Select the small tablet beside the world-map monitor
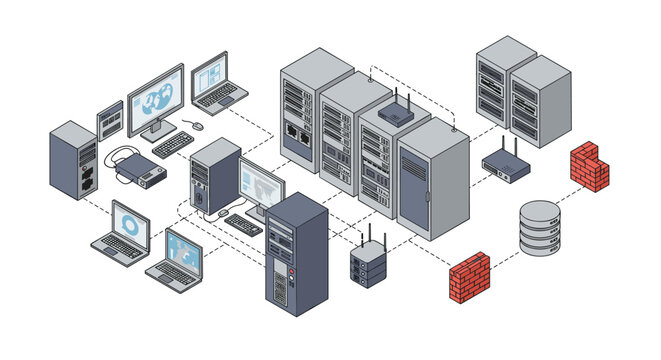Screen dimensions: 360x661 click(x=110, y=119)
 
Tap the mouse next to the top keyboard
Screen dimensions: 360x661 click(x=197, y=126)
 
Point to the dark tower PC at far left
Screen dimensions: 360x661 click(x=73, y=161)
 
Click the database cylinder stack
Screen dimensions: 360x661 click(x=540, y=228)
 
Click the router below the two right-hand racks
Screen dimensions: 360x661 click(x=506, y=167)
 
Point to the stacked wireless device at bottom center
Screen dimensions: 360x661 click(x=368, y=264)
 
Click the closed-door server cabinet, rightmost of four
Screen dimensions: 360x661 click(x=434, y=180)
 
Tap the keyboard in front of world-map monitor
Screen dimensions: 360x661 click(x=173, y=144)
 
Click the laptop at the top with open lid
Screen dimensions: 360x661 click(x=216, y=81)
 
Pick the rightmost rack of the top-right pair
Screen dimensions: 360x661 click(x=540, y=100)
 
